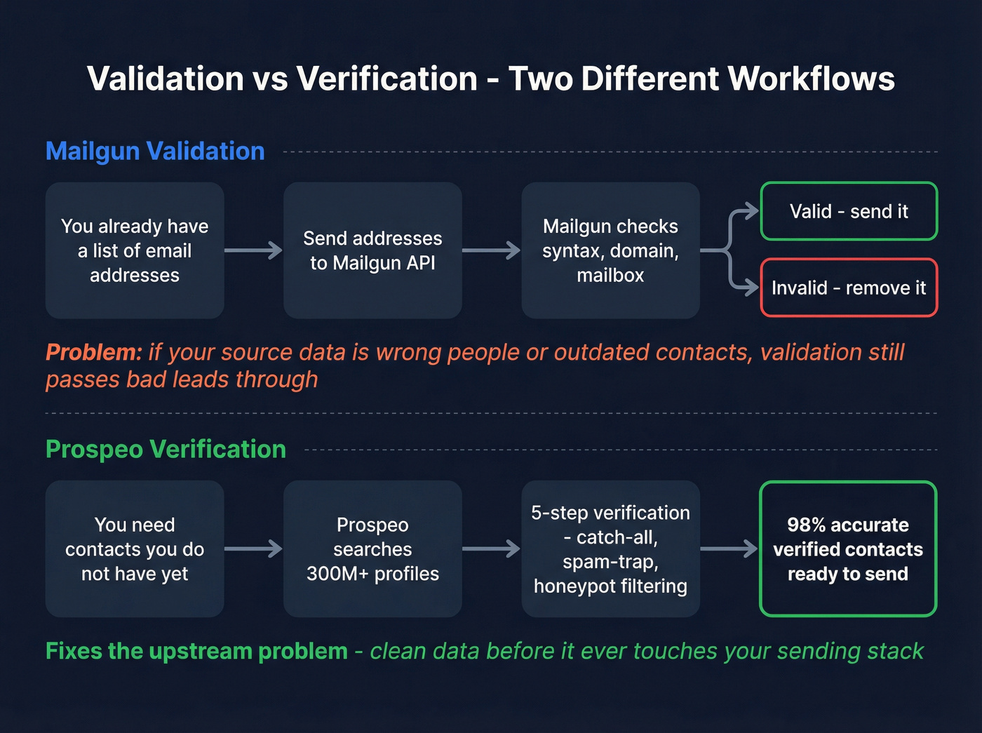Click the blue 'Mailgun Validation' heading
click(x=155, y=152)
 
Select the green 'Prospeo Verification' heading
click(x=166, y=450)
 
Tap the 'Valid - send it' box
click(x=849, y=211)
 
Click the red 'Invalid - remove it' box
click(x=849, y=288)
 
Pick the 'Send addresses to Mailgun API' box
click(x=372, y=250)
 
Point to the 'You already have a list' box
click(x=135, y=250)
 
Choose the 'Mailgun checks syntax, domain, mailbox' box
click(x=610, y=250)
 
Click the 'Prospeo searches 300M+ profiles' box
click(x=372, y=549)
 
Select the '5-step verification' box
click(x=610, y=549)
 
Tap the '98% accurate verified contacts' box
click(x=848, y=549)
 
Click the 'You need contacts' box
click(x=135, y=549)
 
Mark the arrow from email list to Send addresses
click(x=253, y=250)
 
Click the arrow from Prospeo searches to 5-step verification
click(x=491, y=549)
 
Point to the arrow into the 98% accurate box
click(x=729, y=549)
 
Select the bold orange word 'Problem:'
click(x=94, y=352)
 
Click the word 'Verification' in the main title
click(x=387, y=79)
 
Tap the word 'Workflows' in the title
click(x=811, y=79)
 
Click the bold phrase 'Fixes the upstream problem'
click(x=196, y=651)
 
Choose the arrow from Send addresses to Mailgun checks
click(x=491, y=250)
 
